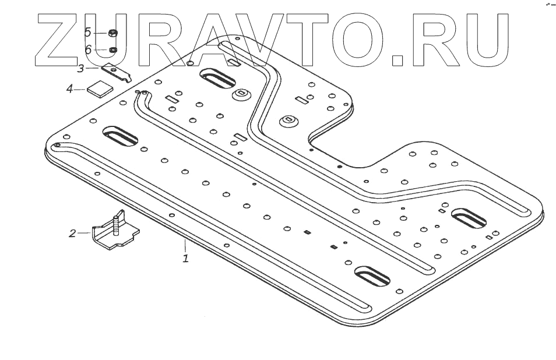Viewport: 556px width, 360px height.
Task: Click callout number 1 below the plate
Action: pyautogui.click(x=185, y=257)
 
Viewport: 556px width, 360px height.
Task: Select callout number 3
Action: pyautogui.click(x=81, y=69)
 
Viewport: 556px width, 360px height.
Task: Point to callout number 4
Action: pyautogui.click(x=69, y=89)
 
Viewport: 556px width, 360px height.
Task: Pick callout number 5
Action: pyautogui.click(x=87, y=31)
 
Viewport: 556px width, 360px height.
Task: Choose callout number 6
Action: pyautogui.click(x=88, y=50)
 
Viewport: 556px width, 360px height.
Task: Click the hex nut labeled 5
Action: pyautogui.click(x=113, y=33)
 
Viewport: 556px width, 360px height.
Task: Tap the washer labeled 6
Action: pyautogui.click(x=113, y=50)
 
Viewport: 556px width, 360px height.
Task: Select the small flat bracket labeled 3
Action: pyautogui.click(x=117, y=73)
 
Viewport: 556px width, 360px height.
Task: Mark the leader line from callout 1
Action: pyautogui.click(x=185, y=245)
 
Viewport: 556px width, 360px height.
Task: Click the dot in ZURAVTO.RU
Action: pyautogui.click(x=398, y=58)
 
